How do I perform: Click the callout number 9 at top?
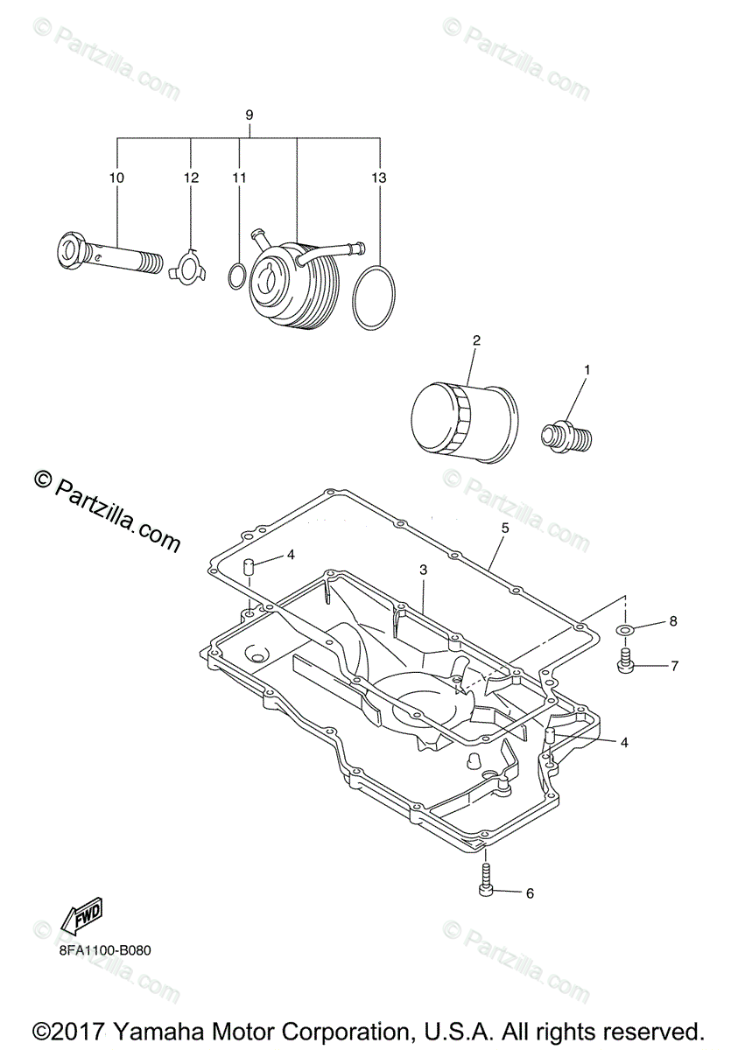(250, 115)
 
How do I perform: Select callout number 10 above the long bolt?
(116, 178)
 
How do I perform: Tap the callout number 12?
(192, 178)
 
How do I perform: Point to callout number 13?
(378, 178)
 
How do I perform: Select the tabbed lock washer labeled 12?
(187, 264)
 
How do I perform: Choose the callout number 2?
(476, 339)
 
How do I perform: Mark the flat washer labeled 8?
(624, 629)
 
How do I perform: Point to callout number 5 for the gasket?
(505, 528)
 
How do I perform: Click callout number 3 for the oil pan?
(423, 570)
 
